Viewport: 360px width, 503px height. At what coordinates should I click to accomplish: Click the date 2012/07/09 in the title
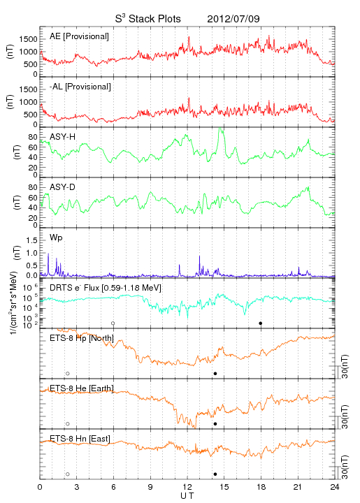[x=233, y=19]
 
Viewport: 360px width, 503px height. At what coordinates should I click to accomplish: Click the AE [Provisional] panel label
[x=79, y=36]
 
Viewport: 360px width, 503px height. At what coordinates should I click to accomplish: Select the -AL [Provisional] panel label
[x=80, y=87]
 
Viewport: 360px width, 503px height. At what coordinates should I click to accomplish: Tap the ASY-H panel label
[x=63, y=137]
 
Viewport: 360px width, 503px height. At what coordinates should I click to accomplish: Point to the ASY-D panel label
[x=63, y=187]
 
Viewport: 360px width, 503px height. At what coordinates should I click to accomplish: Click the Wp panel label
[x=56, y=238]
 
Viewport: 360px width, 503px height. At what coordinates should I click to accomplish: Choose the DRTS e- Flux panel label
[x=106, y=288]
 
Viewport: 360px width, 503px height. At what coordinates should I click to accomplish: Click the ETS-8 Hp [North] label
[x=82, y=338]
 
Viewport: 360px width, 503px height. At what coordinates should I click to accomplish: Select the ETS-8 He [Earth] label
[x=82, y=388]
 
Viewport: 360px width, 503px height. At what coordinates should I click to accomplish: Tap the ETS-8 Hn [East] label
[x=80, y=439]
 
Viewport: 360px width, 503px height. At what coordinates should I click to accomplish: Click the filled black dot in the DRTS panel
[x=261, y=323]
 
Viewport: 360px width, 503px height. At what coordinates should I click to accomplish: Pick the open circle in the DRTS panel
[x=113, y=323]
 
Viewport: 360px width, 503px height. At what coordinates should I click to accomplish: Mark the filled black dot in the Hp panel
[x=215, y=373]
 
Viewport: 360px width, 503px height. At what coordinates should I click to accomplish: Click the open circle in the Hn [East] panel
[x=68, y=474]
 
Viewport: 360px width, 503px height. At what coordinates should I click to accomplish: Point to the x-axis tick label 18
[x=261, y=488]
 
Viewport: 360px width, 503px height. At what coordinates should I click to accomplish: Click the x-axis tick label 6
[x=113, y=488]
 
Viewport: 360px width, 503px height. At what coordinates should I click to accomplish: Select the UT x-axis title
[x=187, y=496]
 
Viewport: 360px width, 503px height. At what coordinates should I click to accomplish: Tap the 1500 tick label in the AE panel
[x=28, y=39]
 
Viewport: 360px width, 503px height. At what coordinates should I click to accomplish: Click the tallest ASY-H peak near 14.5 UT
[x=220, y=129]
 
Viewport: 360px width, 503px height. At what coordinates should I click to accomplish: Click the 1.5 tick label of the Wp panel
[x=31, y=240]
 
